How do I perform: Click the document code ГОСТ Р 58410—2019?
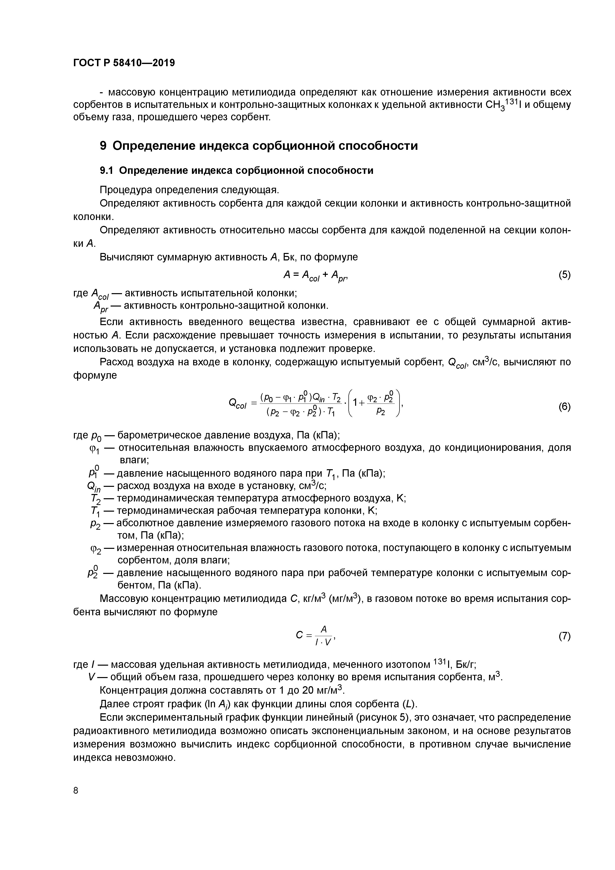(124, 63)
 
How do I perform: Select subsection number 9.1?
(106, 171)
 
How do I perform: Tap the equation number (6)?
(564, 406)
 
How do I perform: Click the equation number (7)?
(564, 636)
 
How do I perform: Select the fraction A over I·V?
(323, 636)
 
